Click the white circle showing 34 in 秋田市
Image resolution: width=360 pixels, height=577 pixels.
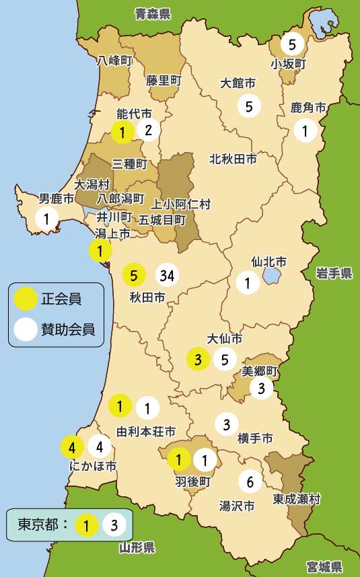click(x=168, y=275)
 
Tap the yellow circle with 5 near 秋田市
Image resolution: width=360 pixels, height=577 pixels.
click(x=134, y=275)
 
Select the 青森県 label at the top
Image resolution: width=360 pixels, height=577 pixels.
click(x=153, y=13)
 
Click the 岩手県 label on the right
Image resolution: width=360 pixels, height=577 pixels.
click(x=334, y=272)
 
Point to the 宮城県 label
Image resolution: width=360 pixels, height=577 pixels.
click(x=324, y=566)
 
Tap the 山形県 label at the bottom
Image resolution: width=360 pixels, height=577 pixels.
click(x=137, y=547)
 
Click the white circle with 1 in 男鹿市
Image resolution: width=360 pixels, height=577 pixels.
click(x=46, y=218)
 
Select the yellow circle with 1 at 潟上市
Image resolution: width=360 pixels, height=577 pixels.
click(x=100, y=252)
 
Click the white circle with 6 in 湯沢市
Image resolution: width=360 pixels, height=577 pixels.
click(x=250, y=482)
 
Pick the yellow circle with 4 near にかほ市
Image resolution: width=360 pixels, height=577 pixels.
click(x=72, y=446)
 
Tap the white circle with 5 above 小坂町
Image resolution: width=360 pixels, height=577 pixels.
click(x=292, y=45)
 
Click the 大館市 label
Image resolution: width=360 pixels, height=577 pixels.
click(x=238, y=84)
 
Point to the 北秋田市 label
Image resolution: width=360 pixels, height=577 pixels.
click(x=233, y=159)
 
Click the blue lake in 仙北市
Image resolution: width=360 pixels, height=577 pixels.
click(x=272, y=275)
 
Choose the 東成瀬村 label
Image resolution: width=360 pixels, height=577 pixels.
click(x=297, y=500)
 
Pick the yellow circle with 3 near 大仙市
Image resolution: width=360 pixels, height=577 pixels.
click(x=198, y=359)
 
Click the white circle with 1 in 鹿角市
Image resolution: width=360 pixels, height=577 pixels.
click(x=305, y=130)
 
